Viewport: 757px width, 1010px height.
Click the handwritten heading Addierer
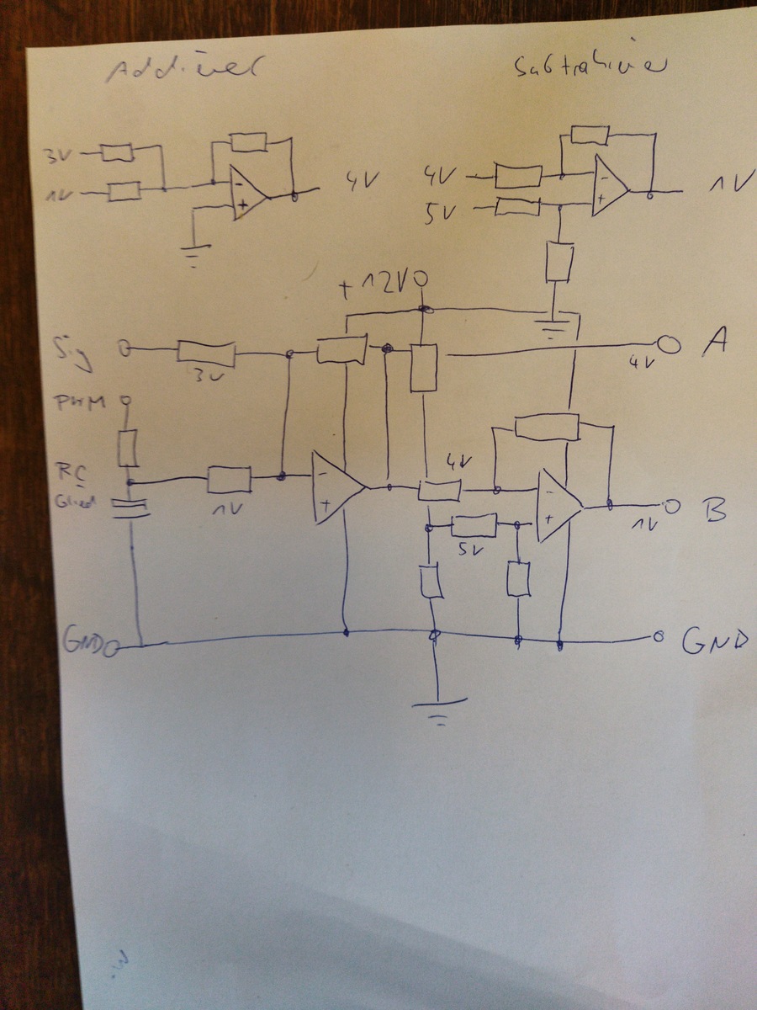coord(180,72)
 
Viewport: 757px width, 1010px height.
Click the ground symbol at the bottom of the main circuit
coord(438,705)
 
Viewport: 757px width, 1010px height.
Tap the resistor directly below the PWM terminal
coord(128,448)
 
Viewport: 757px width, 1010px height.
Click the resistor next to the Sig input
coord(206,352)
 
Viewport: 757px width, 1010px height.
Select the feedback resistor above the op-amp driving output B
coord(548,427)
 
